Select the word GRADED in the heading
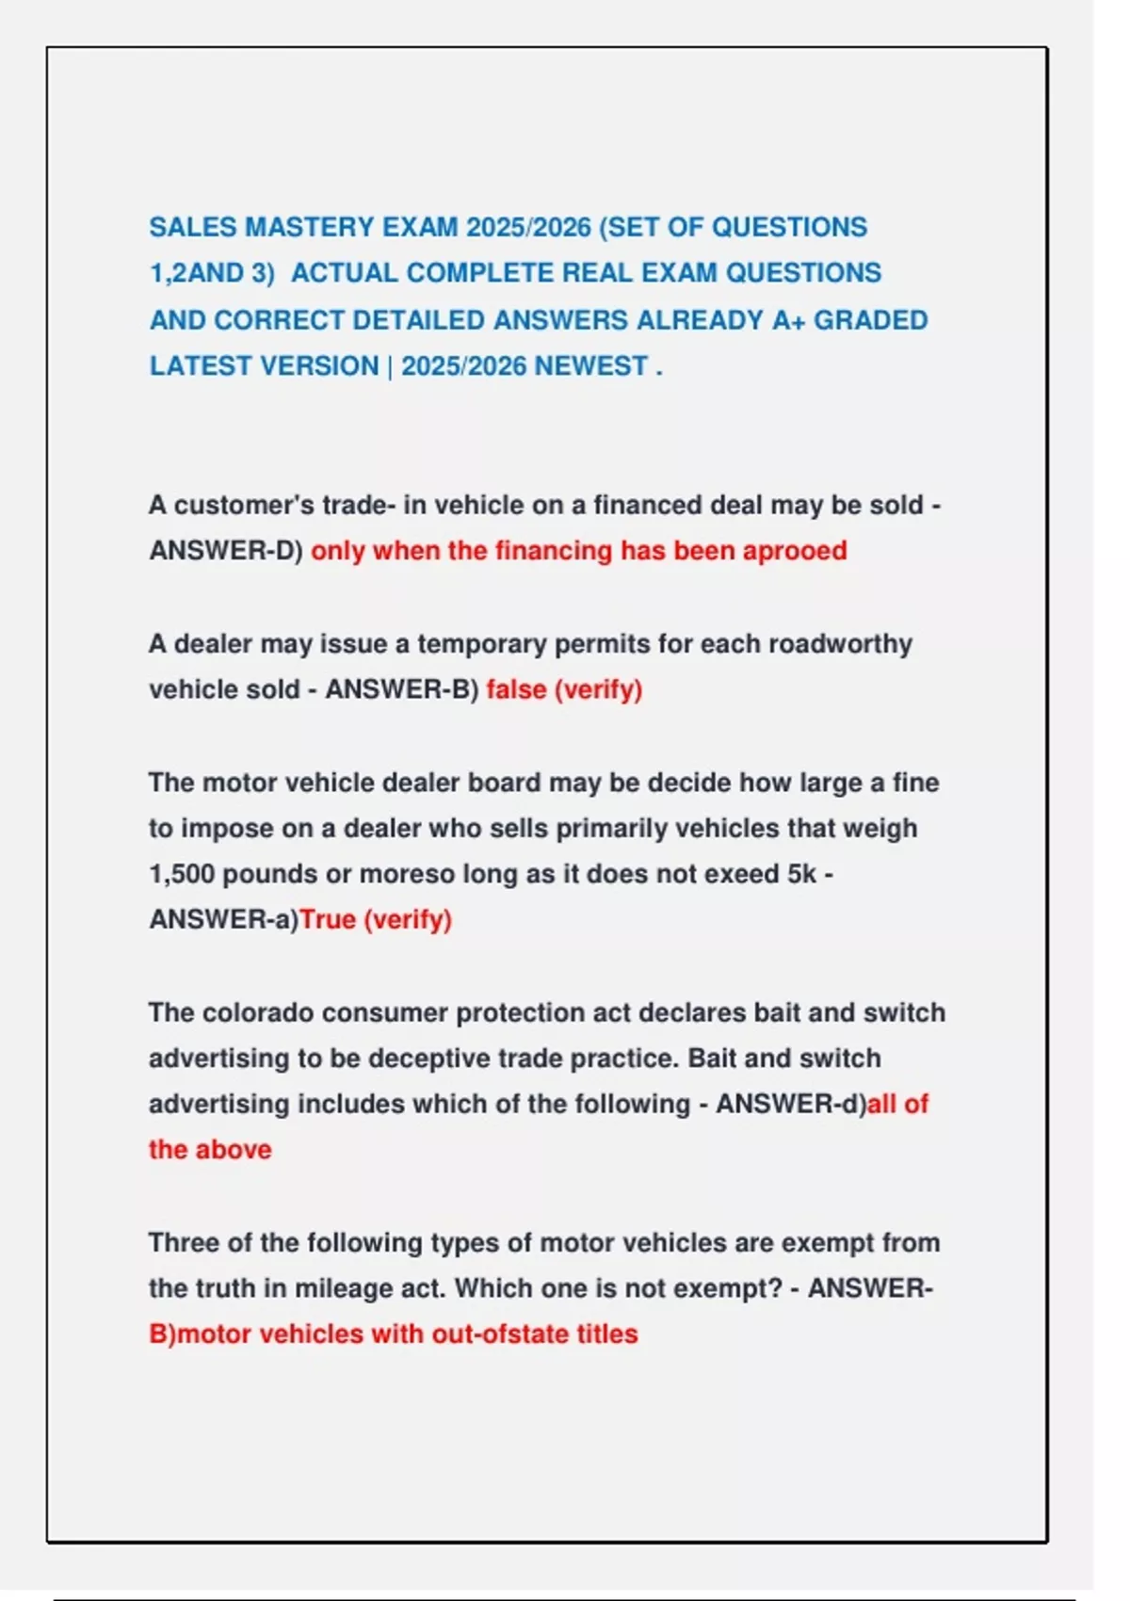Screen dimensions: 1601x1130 [870, 320]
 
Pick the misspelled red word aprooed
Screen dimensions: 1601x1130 [795, 551]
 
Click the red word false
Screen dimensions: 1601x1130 [516, 690]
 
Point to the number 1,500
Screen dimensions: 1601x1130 [182, 874]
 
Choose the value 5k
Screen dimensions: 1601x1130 [801, 874]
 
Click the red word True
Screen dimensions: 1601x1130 [327, 920]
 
